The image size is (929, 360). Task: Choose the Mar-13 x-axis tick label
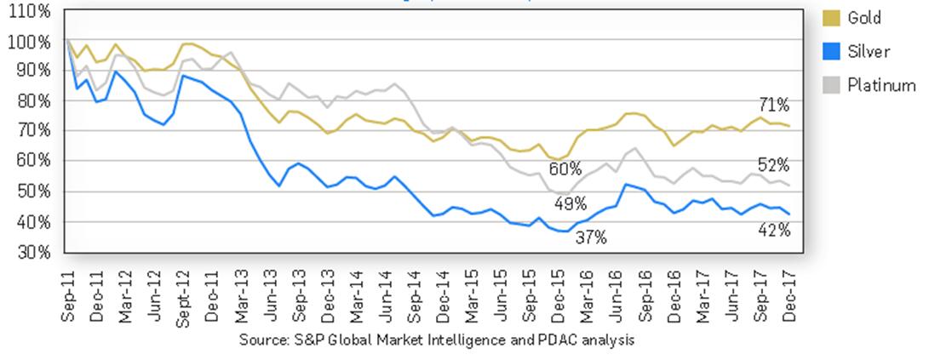coord(241,291)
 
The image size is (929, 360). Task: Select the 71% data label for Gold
coord(775,106)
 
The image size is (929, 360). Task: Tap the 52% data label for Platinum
coord(775,165)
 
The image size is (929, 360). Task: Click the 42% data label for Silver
coord(775,230)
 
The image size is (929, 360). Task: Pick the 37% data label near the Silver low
coord(590,238)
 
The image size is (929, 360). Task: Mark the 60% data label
coord(570,169)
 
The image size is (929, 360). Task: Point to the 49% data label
coord(570,204)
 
